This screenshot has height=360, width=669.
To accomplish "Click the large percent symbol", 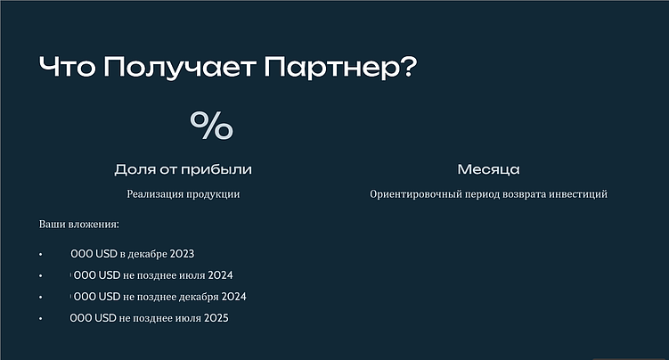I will [x=211, y=126].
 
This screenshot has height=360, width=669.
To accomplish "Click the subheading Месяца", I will [x=488, y=169].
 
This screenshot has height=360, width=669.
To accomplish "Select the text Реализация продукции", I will [x=184, y=193].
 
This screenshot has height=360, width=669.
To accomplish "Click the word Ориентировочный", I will [x=413, y=193].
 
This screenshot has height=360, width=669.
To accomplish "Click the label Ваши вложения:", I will [x=78, y=224].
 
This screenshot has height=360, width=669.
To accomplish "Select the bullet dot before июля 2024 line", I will [x=41, y=275].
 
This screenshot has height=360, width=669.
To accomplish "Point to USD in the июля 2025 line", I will [x=105, y=318].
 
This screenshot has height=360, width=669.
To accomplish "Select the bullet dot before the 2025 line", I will [x=41, y=318].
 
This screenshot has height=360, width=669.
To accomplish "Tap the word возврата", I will [x=526, y=193].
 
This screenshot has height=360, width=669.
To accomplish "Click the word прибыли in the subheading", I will [x=224, y=169].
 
